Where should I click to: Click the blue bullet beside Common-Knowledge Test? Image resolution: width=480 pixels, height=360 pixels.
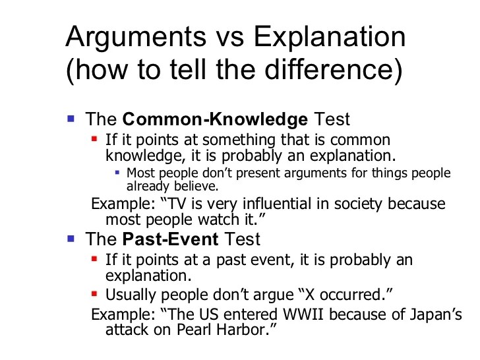pos(72,119)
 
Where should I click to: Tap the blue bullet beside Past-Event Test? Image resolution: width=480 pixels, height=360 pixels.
pos(72,238)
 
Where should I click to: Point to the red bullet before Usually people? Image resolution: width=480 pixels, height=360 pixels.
pos(95,292)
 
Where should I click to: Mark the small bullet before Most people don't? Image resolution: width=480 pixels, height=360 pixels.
pos(117,173)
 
